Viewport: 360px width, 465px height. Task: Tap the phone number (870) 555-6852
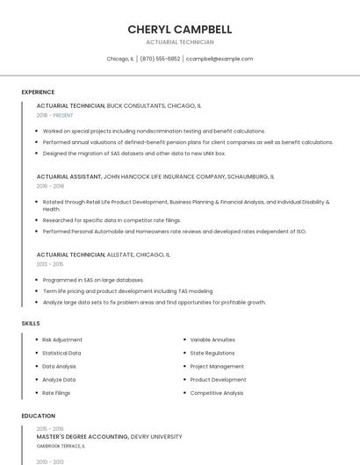pos(160,59)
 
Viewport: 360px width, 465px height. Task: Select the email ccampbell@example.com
pos(220,59)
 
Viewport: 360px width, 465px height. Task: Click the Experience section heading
pos(38,92)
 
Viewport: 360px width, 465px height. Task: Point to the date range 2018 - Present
pos(54,115)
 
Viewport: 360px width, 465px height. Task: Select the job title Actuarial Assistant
pos(69,176)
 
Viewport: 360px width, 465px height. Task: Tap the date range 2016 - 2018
pos(50,186)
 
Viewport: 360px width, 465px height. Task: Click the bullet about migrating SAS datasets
pos(134,153)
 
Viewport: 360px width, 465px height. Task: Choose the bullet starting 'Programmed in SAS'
pos(93,280)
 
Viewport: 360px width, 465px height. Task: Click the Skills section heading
pos(30,324)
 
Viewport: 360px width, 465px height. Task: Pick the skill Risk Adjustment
pos(62,340)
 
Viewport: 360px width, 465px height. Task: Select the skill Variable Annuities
pos(212,340)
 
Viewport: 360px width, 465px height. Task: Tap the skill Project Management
pos(217,367)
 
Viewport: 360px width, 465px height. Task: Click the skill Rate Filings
pos(56,393)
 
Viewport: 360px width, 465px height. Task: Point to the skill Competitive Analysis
pos(217,393)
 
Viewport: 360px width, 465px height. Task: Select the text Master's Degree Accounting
pos(83,436)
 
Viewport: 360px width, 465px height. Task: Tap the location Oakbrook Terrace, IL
pos(61,446)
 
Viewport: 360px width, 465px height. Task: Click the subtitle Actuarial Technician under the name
pos(179,42)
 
